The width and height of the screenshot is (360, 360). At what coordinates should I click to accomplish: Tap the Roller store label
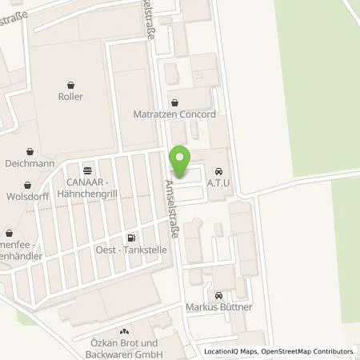pyautogui.click(x=71, y=96)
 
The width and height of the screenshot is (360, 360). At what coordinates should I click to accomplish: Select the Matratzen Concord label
pyautogui.click(x=174, y=114)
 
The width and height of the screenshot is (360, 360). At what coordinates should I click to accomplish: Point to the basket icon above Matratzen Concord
pyautogui.click(x=174, y=102)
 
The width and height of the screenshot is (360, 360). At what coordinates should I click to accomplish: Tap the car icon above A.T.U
pyautogui.click(x=218, y=170)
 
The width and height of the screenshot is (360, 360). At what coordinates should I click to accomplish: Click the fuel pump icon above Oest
pyautogui.click(x=130, y=238)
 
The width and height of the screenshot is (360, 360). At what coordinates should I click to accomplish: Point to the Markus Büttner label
pyautogui.click(x=218, y=306)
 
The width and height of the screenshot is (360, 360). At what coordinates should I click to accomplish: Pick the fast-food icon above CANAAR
pyautogui.click(x=87, y=170)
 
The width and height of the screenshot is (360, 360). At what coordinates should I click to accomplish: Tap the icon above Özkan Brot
pyautogui.click(x=123, y=331)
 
